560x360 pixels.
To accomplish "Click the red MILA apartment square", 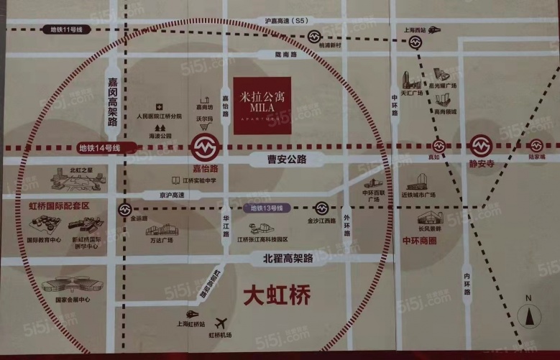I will (262, 105).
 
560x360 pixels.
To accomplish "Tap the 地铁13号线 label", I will (267, 208).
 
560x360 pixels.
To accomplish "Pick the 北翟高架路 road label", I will (288, 257).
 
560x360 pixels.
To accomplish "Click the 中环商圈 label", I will (419, 241).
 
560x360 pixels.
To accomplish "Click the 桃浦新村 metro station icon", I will (315, 37).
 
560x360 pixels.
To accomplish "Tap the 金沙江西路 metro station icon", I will (321, 208).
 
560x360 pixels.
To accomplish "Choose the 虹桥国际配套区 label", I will (60, 206).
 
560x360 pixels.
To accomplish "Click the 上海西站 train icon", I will (433, 30).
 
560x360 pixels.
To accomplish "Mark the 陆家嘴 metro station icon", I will (536, 146).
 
